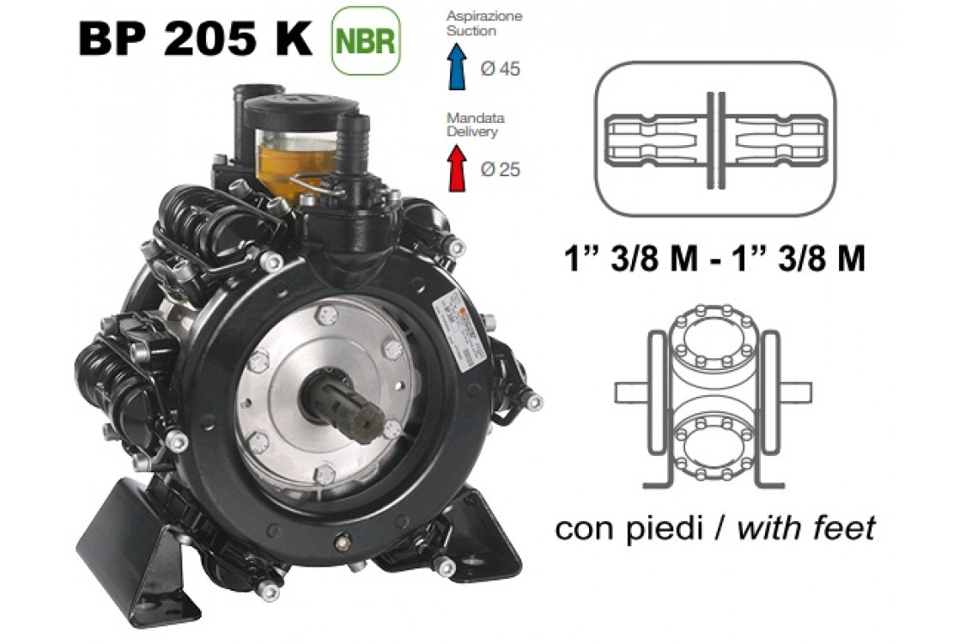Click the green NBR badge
pyautogui.click(x=366, y=41)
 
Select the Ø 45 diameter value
pyautogui.click(x=501, y=69)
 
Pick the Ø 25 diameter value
pyautogui.click(x=501, y=169)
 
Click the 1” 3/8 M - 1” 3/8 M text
pyautogui.click(x=714, y=258)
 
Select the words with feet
pyautogui.click(x=805, y=527)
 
